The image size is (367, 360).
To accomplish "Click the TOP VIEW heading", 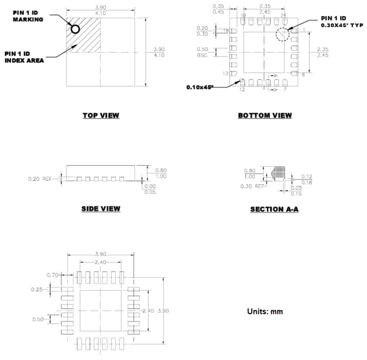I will (101, 115).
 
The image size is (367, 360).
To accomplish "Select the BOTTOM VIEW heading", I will (265, 115).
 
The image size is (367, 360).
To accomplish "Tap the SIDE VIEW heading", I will (101, 209).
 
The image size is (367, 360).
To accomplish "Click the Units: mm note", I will (265, 311).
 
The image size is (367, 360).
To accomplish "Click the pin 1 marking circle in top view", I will (75, 29).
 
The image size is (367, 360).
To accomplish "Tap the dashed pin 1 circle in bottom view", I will (282, 34).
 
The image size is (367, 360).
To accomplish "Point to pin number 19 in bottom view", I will (243, 16).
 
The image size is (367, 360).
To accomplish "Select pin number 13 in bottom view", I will (226, 74).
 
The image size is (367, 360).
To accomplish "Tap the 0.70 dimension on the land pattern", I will (52, 275).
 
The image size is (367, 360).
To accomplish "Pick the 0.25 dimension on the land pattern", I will (37, 289).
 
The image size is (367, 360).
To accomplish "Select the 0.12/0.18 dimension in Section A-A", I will (306, 179).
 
